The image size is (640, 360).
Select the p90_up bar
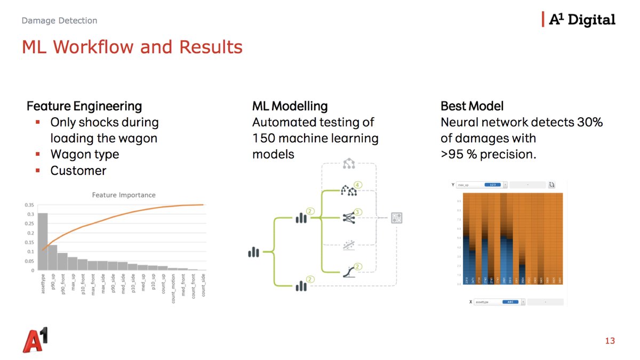pyautogui.click(x=52, y=258)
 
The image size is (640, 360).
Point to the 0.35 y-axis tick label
pyautogui.click(x=29, y=205)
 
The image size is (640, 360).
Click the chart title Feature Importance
pyautogui.click(x=124, y=195)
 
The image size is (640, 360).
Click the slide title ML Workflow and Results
pyautogui.click(x=132, y=47)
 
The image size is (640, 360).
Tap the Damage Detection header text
pyautogui.click(x=59, y=21)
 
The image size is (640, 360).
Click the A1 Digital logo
pyautogui.click(x=579, y=20)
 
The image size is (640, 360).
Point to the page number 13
pyautogui.click(x=610, y=341)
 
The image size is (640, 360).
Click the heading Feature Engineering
pyautogui.click(x=84, y=106)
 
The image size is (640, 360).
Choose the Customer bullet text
pyautogui.click(x=78, y=171)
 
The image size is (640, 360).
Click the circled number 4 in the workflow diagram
pyautogui.click(x=358, y=185)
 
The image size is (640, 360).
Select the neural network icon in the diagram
pyautogui.click(x=348, y=217)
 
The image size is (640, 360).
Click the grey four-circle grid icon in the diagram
pyautogui.click(x=397, y=218)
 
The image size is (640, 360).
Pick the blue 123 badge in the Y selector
pyautogui.click(x=493, y=185)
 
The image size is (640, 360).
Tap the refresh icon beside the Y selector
pyautogui.click(x=551, y=185)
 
